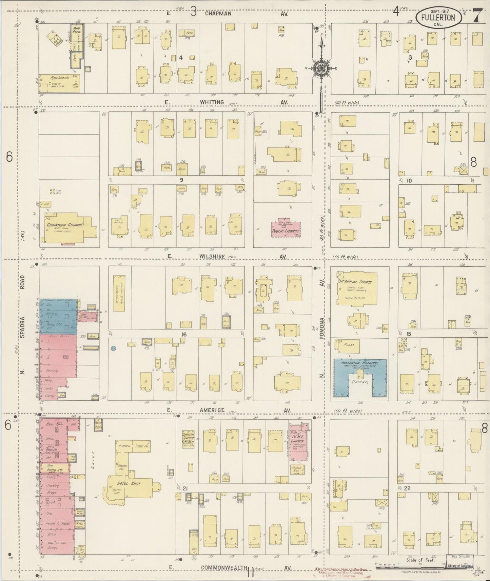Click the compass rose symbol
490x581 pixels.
(x=320, y=67)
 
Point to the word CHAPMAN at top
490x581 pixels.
(x=218, y=14)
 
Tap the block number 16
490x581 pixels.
(x=184, y=335)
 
